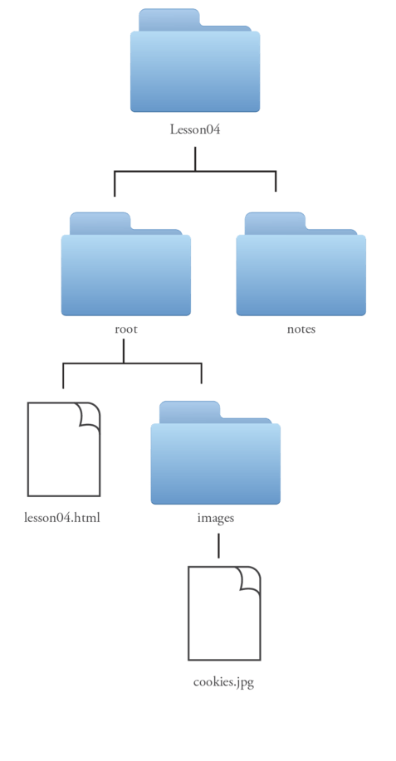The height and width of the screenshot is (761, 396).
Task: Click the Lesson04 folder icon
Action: pyautogui.click(x=195, y=61)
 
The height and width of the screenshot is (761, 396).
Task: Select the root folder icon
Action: pyautogui.click(x=125, y=264)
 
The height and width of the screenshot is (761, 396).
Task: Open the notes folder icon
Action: pyautogui.click(x=301, y=264)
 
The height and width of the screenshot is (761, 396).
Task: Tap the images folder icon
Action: pyautogui.click(x=216, y=453)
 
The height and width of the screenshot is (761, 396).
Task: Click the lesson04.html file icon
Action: pyautogui.click(x=64, y=450)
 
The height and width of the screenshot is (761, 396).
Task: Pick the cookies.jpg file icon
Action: pyautogui.click(x=224, y=613)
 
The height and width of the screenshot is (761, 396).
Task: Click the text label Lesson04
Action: pyautogui.click(x=195, y=129)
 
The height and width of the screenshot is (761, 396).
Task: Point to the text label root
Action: pyautogui.click(x=126, y=329)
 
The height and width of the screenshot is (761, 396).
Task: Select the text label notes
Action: pyautogui.click(x=301, y=329)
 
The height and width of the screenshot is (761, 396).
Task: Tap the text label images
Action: pyautogui.click(x=216, y=518)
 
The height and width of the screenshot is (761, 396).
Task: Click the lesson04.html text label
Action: pyautogui.click(x=62, y=517)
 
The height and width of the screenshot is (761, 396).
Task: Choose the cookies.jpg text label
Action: pyautogui.click(x=223, y=682)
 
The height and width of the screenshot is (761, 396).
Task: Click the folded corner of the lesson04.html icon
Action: pyautogui.click(x=90, y=416)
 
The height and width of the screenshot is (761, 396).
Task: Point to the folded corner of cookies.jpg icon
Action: pyautogui.click(x=251, y=580)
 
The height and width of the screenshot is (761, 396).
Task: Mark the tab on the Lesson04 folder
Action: pyautogui.click(x=169, y=19)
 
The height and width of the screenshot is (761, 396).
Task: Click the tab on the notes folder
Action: pyautogui.click(x=275, y=223)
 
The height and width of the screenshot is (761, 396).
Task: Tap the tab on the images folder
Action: pyautogui.click(x=189, y=412)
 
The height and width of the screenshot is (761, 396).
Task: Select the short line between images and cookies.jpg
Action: pyautogui.click(x=218, y=545)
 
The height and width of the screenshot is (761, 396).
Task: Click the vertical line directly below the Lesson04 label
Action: pyautogui.click(x=195, y=159)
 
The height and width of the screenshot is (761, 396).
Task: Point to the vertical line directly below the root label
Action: pyautogui.click(x=123, y=350)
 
